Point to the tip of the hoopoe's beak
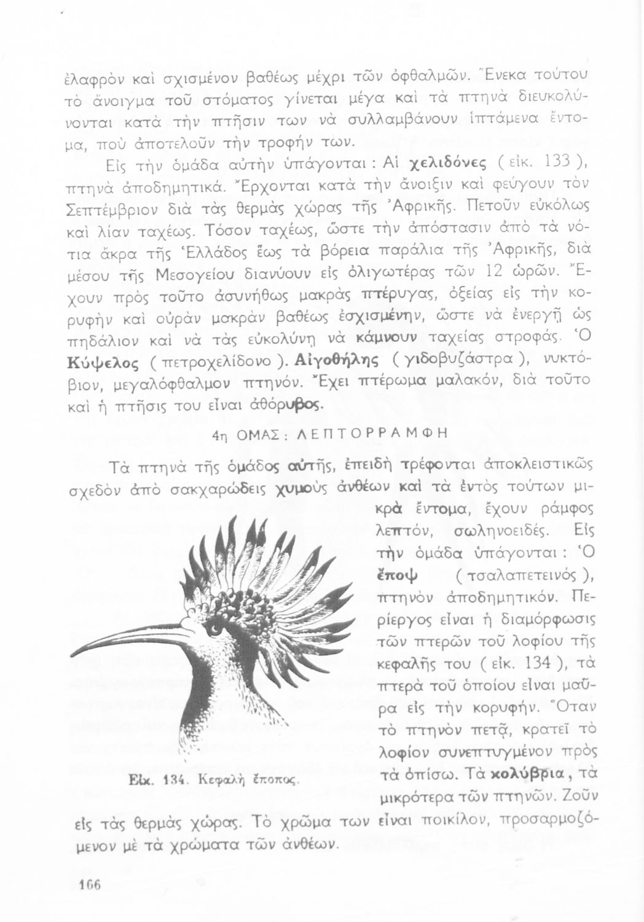click(x=73, y=655)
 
